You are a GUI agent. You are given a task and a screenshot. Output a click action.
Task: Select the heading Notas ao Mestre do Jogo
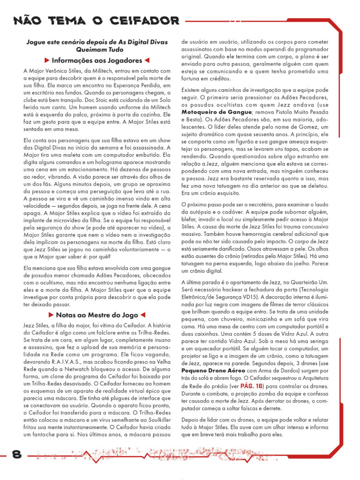point(97,315)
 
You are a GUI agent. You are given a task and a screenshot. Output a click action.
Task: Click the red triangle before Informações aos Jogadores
point(47,60)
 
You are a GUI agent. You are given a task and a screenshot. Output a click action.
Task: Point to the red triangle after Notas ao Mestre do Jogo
point(143,315)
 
